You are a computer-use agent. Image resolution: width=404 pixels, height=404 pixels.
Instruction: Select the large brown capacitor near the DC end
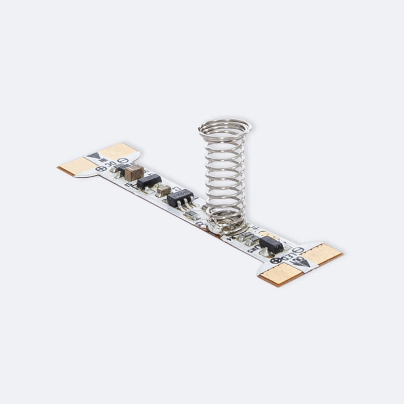134,173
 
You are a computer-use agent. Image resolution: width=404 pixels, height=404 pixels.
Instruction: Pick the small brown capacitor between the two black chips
163,190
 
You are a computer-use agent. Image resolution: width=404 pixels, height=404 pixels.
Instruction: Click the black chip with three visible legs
180,197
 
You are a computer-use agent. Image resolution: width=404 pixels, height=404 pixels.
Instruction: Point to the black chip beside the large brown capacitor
149,181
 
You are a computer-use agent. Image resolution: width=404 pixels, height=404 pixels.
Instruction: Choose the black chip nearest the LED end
271,244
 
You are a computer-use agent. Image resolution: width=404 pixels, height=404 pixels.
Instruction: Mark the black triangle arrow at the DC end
95,157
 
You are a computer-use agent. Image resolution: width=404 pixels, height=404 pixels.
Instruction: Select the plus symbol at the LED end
275,261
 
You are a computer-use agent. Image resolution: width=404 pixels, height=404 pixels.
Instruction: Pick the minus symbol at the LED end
298,250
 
